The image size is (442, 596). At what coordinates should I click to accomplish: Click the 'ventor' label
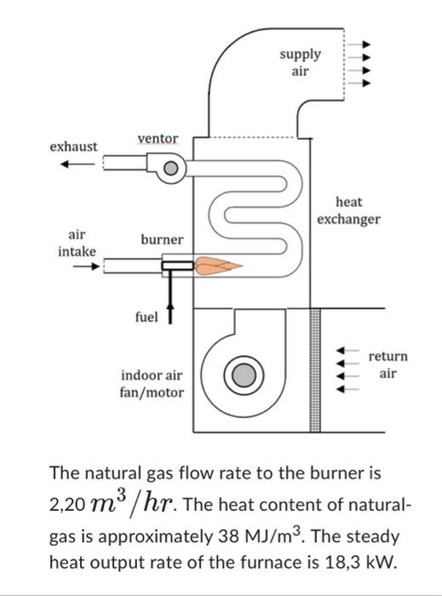tap(158, 139)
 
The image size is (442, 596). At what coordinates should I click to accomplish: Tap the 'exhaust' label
tap(73, 147)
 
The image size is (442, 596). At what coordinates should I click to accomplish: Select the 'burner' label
tap(161, 239)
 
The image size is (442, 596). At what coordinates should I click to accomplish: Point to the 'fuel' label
tap(146, 317)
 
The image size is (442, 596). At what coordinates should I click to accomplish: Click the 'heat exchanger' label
tap(348, 210)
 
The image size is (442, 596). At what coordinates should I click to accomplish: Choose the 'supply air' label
tap(301, 62)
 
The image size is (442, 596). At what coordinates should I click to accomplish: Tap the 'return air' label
tap(387, 364)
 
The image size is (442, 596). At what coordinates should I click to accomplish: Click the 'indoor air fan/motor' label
tap(152, 383)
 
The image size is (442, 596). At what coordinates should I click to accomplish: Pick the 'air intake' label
tap(77, 242)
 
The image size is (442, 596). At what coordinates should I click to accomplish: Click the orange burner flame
tap(214, 266)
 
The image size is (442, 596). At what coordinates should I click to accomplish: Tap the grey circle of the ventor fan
tap(170, 170)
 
